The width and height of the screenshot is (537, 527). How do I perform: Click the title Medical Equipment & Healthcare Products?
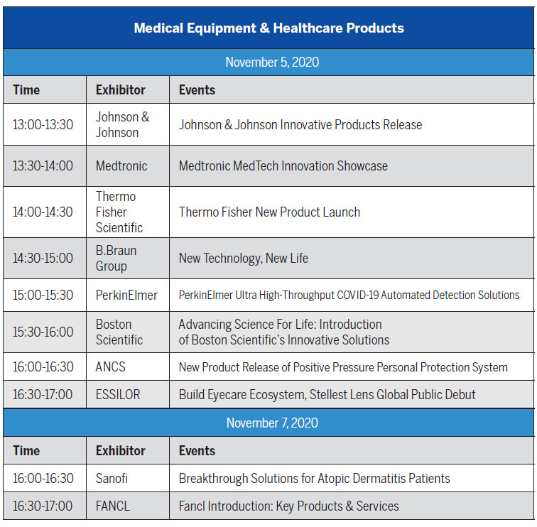[268, 28]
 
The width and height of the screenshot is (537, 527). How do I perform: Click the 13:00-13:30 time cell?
[43, 124]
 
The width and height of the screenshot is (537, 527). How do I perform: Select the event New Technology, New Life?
[244, 259]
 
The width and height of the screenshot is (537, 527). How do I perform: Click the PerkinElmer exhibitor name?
[126, 295]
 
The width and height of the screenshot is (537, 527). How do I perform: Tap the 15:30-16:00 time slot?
[43, 332]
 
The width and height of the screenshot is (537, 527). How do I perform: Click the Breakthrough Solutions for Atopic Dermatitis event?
[315, 479]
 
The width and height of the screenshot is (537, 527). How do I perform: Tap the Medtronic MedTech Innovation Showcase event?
[283, 166]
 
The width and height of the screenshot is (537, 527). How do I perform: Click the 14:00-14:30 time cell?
[43, 212]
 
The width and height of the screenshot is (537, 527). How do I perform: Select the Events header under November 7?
[197, 450]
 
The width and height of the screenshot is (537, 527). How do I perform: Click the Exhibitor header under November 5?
[121, 90]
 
